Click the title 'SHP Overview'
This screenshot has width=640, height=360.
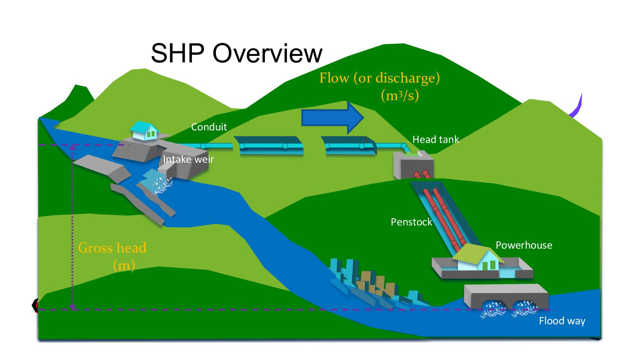click(236, 53)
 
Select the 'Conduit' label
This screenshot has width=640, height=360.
click(209, 127)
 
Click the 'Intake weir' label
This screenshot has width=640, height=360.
click(188, 159)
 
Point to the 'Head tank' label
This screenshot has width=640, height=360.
click(436, 140)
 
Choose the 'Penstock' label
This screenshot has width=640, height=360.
click(411, 222)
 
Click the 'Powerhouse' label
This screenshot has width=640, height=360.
click(523, 245)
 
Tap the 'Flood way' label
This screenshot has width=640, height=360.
click(562, 321)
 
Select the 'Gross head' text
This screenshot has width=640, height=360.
click(112, 248)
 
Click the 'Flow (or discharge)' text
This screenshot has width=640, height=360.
click(379, 78)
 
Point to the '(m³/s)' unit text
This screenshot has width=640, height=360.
click(400, 95)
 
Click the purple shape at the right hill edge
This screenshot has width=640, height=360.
click(577, 107)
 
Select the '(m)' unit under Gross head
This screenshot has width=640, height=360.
click(124, 265)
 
